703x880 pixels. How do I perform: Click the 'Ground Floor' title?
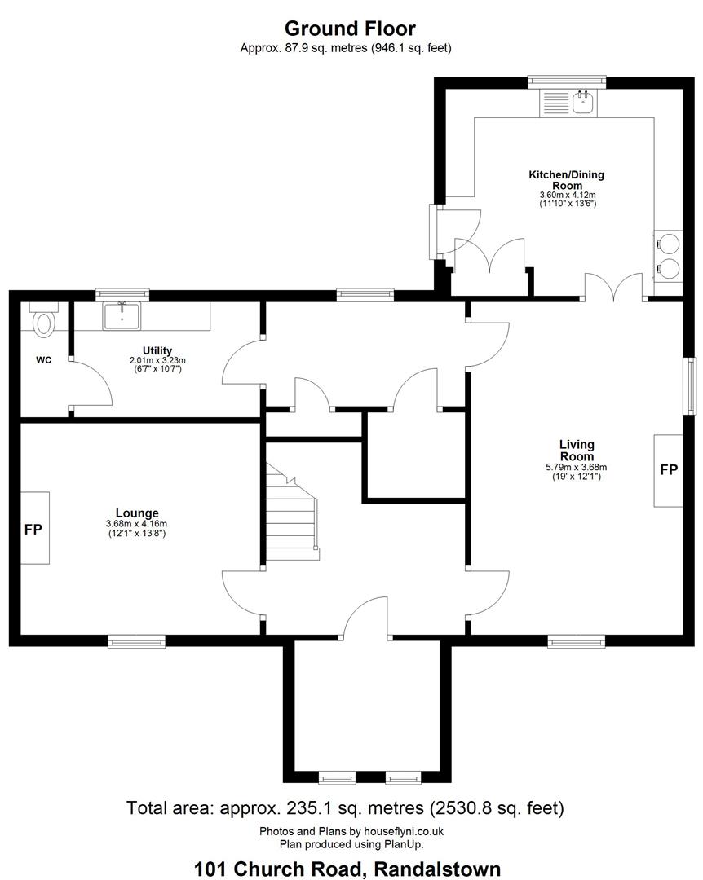coord(350,28)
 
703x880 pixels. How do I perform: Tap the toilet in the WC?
coord(44,320)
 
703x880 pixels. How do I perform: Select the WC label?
coord(44,360)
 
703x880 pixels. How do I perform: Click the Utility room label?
coord(157,350)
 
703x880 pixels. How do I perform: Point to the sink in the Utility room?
coord(122,315)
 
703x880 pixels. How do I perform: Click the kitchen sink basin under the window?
coord(585,103)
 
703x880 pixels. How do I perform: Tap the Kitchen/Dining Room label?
coord(567,179)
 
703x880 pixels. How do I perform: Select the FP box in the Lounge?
coord(35,528)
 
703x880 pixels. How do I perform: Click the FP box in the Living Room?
coord(668,470)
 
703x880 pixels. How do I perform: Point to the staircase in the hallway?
coord(292,513)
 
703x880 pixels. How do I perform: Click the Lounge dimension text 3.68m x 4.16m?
coord(136,524)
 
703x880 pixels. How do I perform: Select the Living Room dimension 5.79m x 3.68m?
coord(577,467)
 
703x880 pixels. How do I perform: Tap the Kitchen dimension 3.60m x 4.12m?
coord(568,195)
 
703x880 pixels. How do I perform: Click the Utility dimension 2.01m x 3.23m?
coord(157,360)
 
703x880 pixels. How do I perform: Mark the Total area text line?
coord(345,808)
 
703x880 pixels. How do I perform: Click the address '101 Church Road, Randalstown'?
coord(347,869)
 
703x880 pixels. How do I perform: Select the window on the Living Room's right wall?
coord(689,385)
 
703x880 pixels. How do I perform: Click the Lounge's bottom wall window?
coord(136,641)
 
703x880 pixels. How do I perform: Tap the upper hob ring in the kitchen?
coord(669,243)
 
